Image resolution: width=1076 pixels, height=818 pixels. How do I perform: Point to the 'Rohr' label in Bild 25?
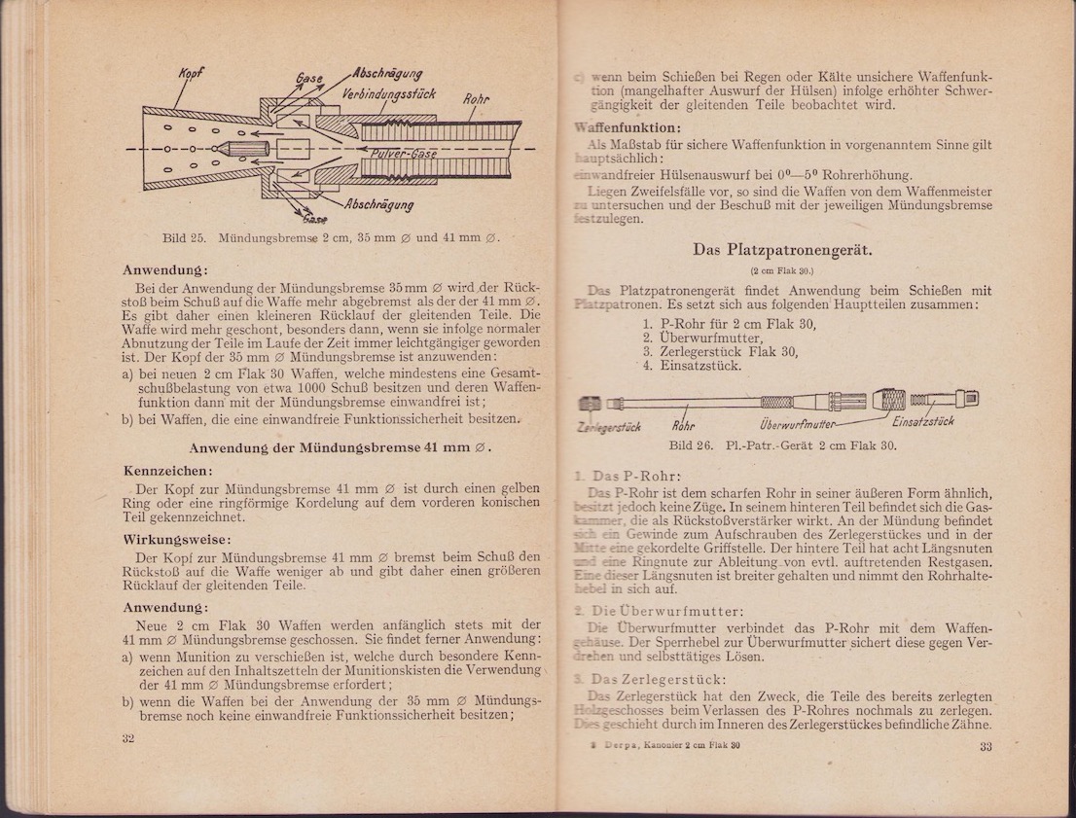[x=476, y=97]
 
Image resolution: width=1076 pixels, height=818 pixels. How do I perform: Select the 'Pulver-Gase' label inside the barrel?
[x=404, y=154]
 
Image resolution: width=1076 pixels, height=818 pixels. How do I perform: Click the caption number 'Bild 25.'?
[x=181, y=237]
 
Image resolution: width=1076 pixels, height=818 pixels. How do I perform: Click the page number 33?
[x=986, y=747]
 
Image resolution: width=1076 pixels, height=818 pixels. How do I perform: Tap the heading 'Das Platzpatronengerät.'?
[x=782, y=250]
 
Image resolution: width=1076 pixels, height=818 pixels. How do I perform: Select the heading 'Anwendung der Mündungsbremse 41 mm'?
[x=340, y=448]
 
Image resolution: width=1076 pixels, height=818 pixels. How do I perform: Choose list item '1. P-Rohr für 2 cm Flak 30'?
[x=730, y=324]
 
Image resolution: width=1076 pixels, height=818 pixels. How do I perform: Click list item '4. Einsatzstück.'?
[x=693, y=366]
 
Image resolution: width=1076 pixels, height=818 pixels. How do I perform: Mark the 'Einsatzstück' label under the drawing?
[x=921, y=421]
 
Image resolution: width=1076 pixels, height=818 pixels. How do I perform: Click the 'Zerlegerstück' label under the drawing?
[x=608, y=426]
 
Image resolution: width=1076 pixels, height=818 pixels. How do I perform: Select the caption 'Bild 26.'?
[x=691, y=445]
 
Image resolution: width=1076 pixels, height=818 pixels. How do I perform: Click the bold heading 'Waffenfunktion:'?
[x=628, y=127]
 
